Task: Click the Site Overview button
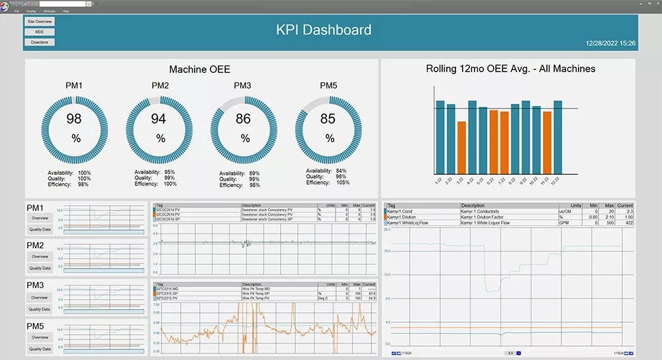(x=40, y=21)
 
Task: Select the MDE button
(x=40, y=32)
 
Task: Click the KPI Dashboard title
(x=323, y=30)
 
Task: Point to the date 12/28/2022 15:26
(x=610, y=43)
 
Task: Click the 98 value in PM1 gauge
(x=74, y=119)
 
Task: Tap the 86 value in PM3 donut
(x=244, y=119)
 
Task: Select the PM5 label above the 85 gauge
(x=328, y=85)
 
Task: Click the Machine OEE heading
(x=200, y=69)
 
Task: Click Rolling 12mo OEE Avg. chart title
(x=510, y=69)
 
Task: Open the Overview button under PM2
(x=40, y=257)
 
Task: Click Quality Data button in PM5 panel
(x=40, y=349)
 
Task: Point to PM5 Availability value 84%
(x=341, y=171)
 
